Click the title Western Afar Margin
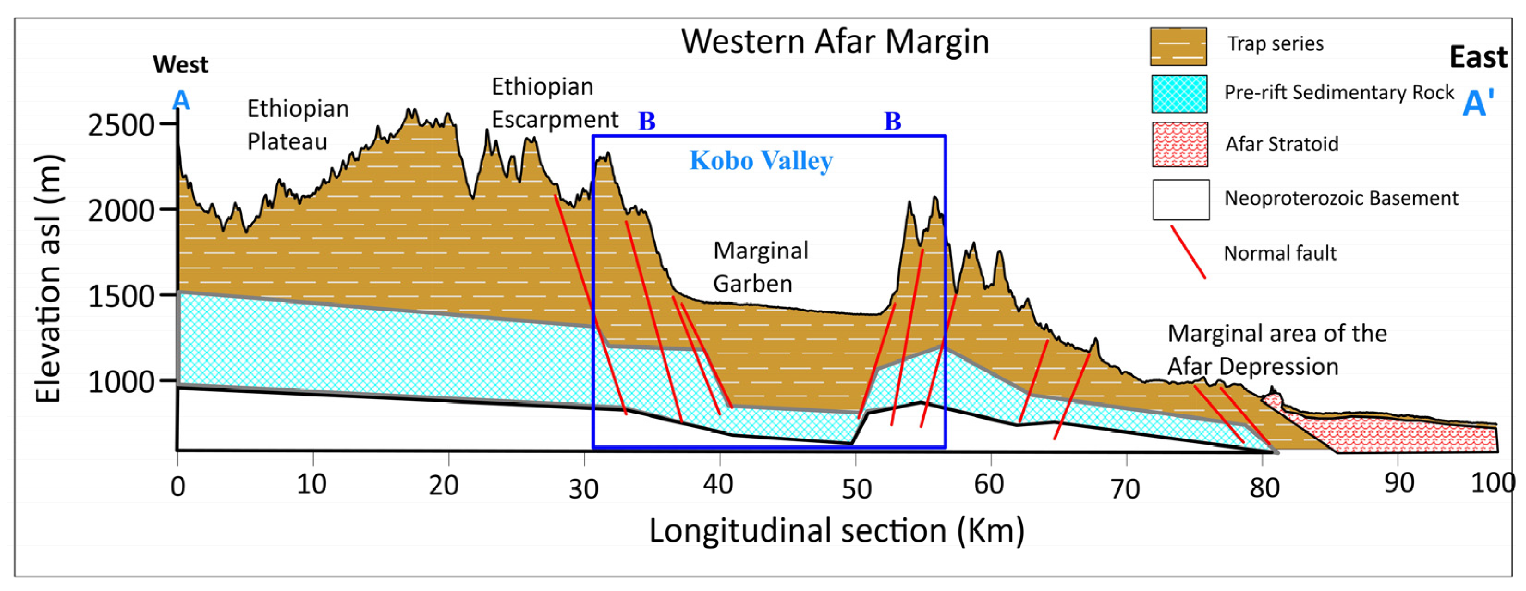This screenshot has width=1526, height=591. (835, 42)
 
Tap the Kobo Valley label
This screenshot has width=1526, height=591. (761, 160)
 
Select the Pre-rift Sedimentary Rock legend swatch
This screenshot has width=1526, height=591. (1179, 93)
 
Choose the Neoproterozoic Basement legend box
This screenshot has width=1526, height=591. (1181, 200)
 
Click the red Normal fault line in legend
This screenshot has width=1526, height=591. (1188, 252)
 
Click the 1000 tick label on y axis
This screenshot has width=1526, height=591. (122, 383)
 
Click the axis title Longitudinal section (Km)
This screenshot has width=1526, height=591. (836, 530)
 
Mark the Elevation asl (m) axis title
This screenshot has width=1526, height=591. (48, 278)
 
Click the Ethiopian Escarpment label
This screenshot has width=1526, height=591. (554, 103)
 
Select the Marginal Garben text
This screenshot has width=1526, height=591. (760, 267)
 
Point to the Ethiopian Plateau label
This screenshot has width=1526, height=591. (297, 125)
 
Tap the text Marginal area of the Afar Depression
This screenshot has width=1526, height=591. (1276, 350)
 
